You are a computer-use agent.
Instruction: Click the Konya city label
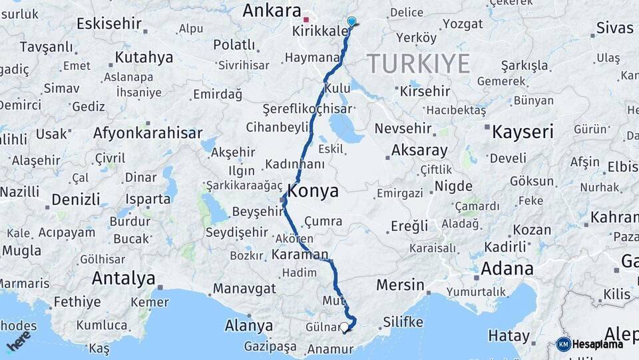pos(313,191)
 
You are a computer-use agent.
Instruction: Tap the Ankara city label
pos(272,10)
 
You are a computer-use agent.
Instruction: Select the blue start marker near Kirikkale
pos(351,21)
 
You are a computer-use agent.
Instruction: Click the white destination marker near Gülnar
pos(344,327)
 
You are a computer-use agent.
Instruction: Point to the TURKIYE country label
pos(419,64)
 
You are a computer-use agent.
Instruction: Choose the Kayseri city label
pos(523,132)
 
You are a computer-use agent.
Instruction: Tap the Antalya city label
pos(124,278)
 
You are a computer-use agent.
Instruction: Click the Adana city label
pos(507,269)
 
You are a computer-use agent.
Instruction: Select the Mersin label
pos(400,285)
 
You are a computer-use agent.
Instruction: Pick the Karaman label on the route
pos(300,254)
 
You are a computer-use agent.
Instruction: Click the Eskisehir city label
pos(109,24)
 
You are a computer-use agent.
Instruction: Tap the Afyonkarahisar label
pos(148,133)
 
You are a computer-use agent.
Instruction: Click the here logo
pos(19,341)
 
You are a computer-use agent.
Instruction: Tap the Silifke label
pos(403,323)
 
